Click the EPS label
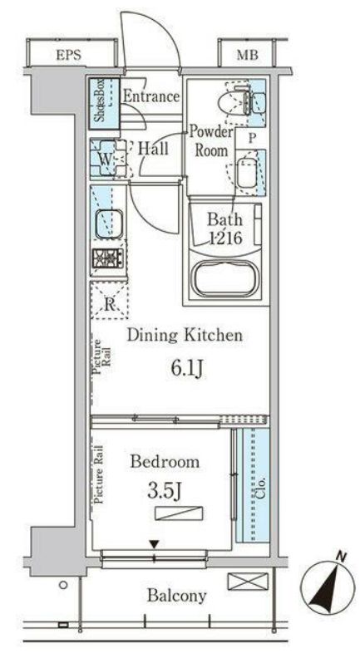coord(68,56)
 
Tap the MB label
coord(247,56)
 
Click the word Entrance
coord(151,96)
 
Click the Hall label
coord(153,148)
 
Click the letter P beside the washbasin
coord(251,139)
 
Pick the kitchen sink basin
coord(109,223)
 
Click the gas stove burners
coord(108,258)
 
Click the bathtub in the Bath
coord(225,277)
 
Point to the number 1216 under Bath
coord(225,238)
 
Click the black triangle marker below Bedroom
coord(155,544)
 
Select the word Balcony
coord(176,596)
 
